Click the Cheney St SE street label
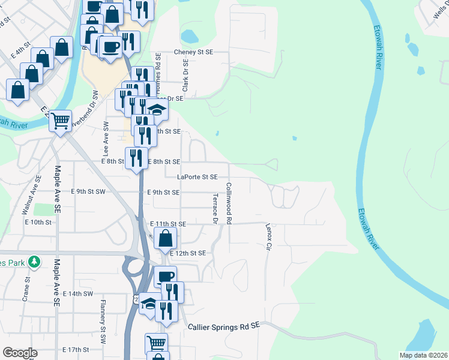[193, 52]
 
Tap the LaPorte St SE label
[197, 177]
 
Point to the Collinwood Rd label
[229, 204]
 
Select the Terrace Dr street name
[214, 209]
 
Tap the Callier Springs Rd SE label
[223, 326]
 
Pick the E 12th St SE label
[188, 254]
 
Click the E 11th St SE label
[169, 224]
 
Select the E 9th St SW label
[88, 192]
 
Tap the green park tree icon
[35, 262]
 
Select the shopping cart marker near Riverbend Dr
[60, 121]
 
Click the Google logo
[19, 353]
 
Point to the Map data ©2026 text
[423, 355]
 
